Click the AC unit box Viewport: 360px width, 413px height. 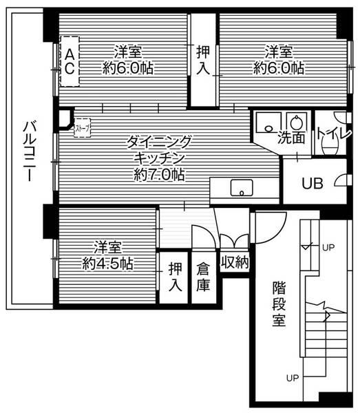click(x=70, y=61)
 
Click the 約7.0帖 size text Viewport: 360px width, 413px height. click(x=158, y=175)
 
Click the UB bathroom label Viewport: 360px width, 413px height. click(x=314, y=183)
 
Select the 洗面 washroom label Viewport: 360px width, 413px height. click(x=291, y=138)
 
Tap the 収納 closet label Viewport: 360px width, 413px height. click(x=234, y=262)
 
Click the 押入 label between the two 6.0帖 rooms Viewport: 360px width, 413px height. click(x=203, y=59)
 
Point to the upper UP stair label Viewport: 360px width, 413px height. click(x=328, y=246)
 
